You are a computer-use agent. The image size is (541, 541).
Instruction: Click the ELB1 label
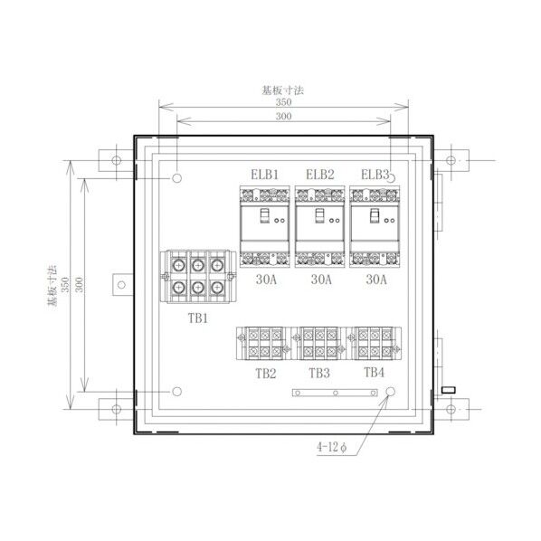(264, 175)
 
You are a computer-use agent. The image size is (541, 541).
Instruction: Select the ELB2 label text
(320, 175)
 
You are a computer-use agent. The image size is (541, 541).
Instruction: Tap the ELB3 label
(375, 175)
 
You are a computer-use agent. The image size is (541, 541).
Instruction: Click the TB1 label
(198, 318)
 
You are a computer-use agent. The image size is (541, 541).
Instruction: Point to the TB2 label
(266, 374)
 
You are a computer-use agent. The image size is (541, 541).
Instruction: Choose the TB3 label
(319, 373)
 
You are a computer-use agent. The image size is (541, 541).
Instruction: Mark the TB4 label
(374, 373)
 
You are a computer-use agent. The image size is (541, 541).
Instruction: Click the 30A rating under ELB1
(266, 280)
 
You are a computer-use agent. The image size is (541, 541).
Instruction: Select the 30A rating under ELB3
(376, 280)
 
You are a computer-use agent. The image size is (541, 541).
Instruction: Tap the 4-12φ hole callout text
(332, 448)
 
